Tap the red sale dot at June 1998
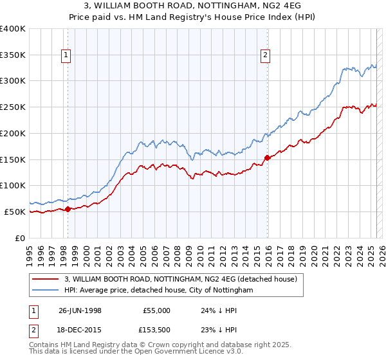click(x=68, y=208)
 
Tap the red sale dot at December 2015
click(x=268, y=157)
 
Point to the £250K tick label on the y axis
click(x=13, y=107)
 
